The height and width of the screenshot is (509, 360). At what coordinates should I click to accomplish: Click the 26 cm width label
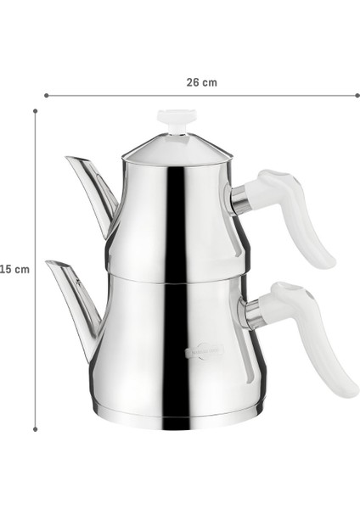click(201, 82)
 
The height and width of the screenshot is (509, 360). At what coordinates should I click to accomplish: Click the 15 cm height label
click(14, 269)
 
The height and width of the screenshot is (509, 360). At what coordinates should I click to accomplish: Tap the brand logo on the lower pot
click(204, 351)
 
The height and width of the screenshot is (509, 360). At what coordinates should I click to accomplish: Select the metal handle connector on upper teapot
click(240, 200)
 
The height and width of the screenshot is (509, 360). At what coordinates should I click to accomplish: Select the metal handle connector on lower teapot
click(253, 314)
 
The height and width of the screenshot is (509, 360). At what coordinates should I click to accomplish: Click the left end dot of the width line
click(46, 96)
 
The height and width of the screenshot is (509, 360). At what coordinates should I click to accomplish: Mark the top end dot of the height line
click(35, 110)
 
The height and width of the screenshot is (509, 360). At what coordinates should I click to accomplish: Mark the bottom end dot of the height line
click(35, 430)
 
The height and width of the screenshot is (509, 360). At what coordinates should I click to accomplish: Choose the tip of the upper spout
click(68, 159)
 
